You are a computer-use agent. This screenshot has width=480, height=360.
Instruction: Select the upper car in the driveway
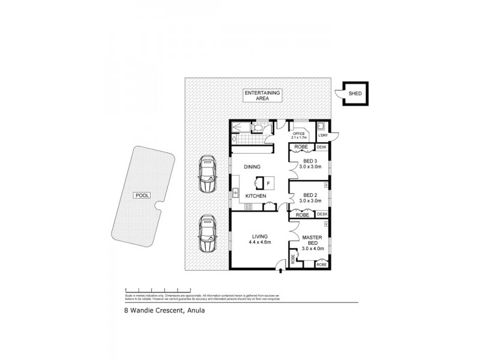pos(207,175)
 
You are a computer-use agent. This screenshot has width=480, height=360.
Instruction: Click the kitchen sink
pos(235,193)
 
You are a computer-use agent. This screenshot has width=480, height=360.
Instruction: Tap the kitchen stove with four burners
pos(248,207)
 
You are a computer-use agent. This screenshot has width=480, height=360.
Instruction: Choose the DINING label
pos(251,167)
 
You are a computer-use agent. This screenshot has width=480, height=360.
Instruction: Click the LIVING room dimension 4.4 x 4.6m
pos(260,242)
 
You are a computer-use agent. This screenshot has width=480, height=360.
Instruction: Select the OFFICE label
pos(299,133)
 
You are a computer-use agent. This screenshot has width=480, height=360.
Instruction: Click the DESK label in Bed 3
pos(322,147)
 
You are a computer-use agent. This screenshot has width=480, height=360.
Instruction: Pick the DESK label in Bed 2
pos(322,214)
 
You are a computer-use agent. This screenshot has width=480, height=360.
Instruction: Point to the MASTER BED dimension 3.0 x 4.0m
pos(312,247)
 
